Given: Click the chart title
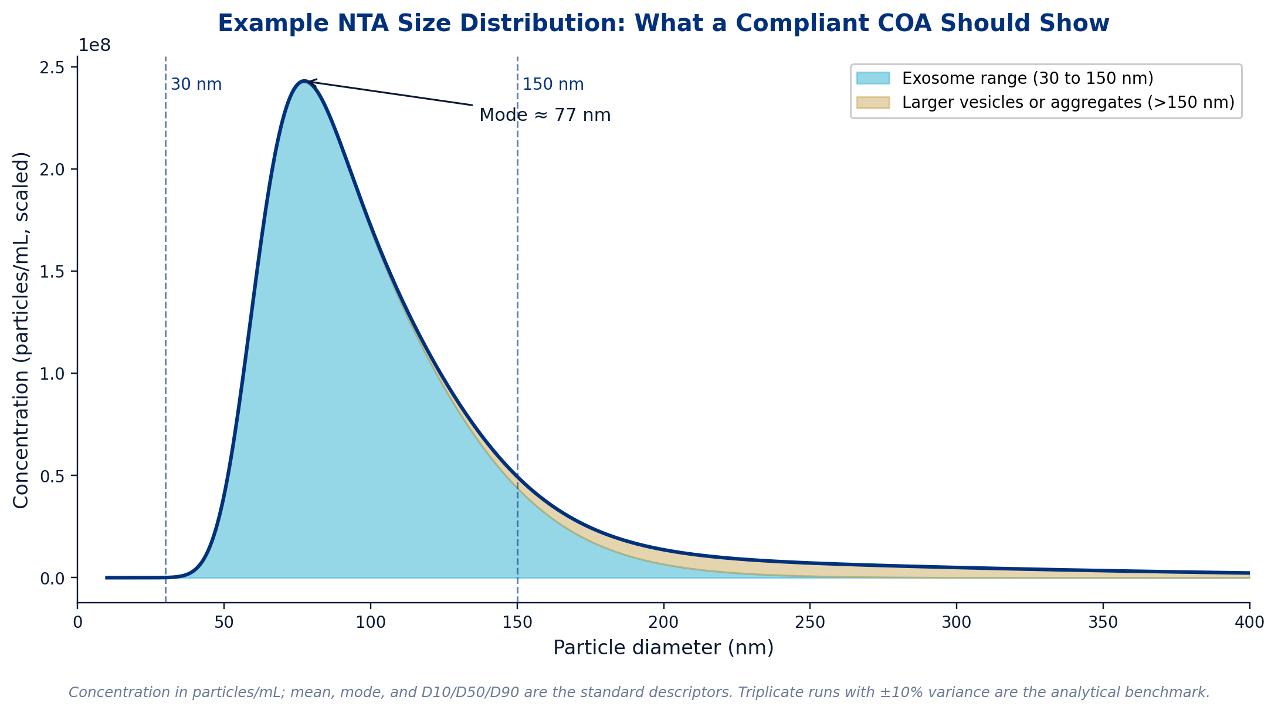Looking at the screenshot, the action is point(663,23).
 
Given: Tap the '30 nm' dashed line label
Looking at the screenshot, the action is point(196,85).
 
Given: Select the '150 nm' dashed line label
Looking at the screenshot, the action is point(553,85).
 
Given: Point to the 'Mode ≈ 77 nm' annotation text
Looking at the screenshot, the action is point(545,115).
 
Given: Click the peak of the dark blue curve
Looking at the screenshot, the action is point(303,81).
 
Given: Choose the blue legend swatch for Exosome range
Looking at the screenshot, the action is point(873,78).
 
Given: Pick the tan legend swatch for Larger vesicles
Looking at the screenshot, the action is point(873,103).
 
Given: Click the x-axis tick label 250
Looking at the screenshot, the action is point(810,623).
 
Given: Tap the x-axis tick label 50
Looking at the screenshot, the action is point(224,623).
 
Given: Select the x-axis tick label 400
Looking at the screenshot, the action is point(1249,623).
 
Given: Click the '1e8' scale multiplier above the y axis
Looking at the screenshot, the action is point(94,45).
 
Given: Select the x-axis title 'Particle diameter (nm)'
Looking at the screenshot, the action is point(663,648).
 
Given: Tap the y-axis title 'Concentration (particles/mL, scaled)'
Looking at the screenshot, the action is point(21,330).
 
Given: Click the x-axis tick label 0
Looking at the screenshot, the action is point(77,623).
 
